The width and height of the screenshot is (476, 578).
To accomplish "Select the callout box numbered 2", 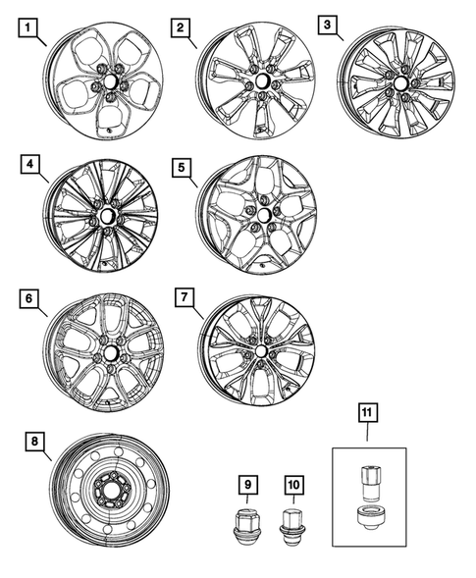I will [179, 28].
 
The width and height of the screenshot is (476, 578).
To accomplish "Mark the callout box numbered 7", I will [180, 295].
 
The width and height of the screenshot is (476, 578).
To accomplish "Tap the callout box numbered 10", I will [292, 483].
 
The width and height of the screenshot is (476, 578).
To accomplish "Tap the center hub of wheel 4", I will [107, 213].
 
